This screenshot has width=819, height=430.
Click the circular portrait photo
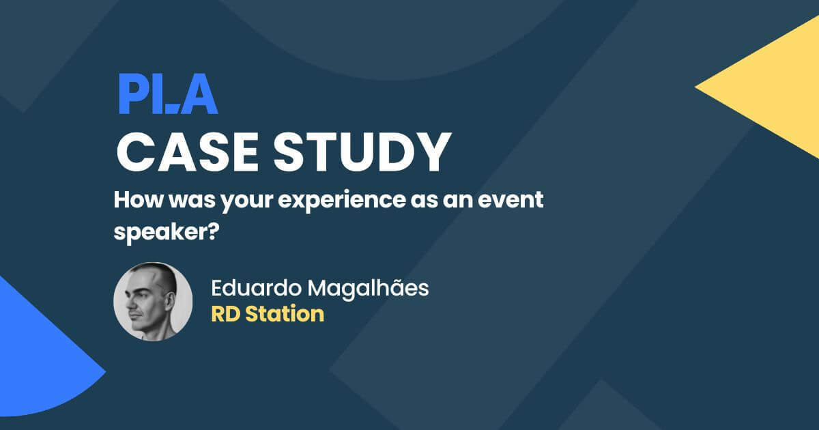coord(154,301)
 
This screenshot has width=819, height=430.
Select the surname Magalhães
coord(369,288)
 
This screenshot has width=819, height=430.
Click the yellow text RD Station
coord(267,315)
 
